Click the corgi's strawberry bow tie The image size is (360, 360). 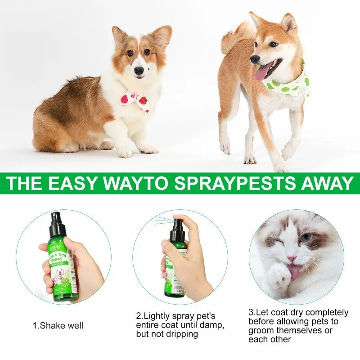(135, 100)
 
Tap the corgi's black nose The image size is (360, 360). (139, 70)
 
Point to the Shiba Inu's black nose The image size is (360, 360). (255, 59)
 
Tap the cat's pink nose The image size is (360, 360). (292, 259)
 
